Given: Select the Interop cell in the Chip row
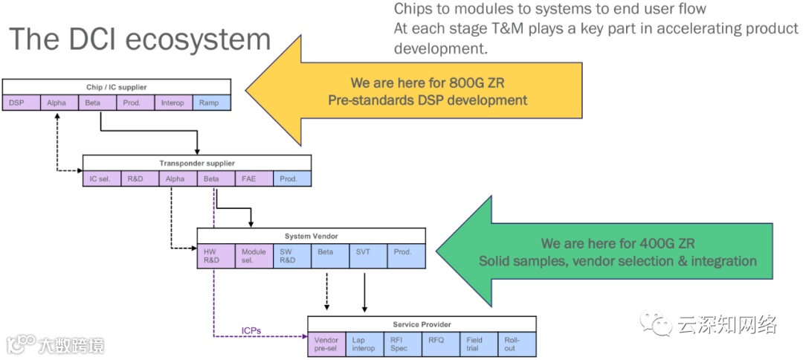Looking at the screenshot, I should tap(173, 103).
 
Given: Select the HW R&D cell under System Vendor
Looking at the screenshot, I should tap(216, 256).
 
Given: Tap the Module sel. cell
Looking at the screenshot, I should tap(254, 256).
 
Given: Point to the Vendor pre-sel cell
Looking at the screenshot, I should tap(326, 344).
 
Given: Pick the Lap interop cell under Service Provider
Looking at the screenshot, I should tap(364, 344).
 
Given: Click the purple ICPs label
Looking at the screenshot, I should tap(251, 330).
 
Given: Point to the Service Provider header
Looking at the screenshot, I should tap(422, 324).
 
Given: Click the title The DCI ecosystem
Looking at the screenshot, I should tap(140, 39).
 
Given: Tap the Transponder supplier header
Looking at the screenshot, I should tap(196, 163).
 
